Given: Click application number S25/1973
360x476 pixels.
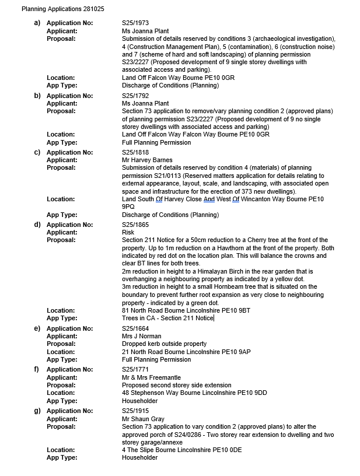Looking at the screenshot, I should tap(136, 23).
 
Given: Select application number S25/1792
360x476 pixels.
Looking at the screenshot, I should tap(136, 96).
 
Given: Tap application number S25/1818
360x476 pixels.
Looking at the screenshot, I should tap(136, 152).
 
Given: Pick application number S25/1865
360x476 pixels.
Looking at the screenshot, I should tap(136, 225).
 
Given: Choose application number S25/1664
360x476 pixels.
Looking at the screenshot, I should tap(136, 328).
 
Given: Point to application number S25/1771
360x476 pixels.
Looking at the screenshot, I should tap(136, 369).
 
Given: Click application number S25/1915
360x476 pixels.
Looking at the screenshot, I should tap(136, 411).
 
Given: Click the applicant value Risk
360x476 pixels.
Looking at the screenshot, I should tap(128, 232).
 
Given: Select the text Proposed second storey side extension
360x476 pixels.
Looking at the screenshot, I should tap(176, 385).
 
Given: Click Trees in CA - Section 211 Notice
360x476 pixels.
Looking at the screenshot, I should tap(167, 318).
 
